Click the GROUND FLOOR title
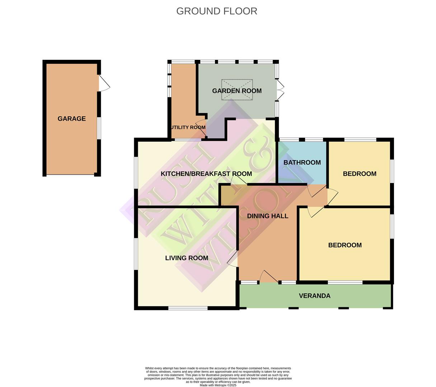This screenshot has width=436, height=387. [x=216, y=11]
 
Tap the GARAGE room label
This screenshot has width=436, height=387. [x=72, y=119]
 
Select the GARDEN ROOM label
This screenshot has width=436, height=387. [x=237, y=91]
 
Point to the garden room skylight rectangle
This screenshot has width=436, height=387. [x=237, y=90]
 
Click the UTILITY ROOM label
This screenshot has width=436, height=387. [x=188, y=127]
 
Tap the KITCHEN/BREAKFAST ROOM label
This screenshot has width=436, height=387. [x=206, y=174]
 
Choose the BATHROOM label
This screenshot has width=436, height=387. [x=302, y=162]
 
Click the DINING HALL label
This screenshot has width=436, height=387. [x=268, y=216]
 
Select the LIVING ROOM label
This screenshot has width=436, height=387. [x=187, y=258]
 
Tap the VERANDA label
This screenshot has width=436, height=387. [x=315, y=296]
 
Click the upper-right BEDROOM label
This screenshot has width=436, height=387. [x=360, y=174]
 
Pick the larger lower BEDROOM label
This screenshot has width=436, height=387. [x=345, y=245]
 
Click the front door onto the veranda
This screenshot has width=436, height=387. [x=268, y=277]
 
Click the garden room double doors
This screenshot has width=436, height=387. [x=280, y=90]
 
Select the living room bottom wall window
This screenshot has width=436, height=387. [x=188, y=308]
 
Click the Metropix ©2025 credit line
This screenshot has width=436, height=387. [x=218, y=385]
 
